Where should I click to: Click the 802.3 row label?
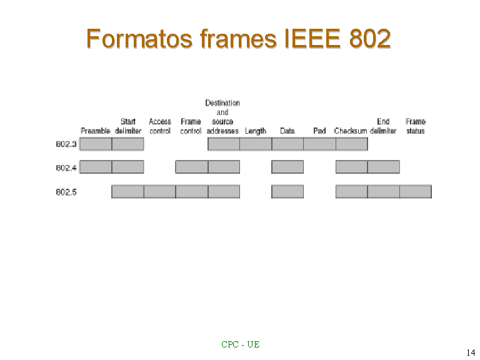[66, 144]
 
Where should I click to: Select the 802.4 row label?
[66, 167]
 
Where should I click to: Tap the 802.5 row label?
[66, 192]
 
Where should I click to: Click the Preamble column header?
[96, 131]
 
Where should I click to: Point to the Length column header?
[256, 131]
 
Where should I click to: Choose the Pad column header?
[319, 131]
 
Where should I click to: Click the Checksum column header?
[351, 131]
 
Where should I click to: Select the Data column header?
[287, 131]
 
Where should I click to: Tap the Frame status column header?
[416, 126]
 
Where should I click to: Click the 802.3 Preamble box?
[96, 144]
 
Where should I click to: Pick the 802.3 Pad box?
[319, 144]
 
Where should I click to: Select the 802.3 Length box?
[256, 144]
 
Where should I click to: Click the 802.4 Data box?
[287, 167]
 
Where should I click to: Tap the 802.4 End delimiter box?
[384, 167]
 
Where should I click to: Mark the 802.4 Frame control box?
[192, 167]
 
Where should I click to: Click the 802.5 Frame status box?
[416, 192]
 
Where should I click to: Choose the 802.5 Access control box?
[160, 192]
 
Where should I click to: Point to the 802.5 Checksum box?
[352, 192]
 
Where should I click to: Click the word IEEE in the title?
[312, 39]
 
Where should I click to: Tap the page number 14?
[471, 352]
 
